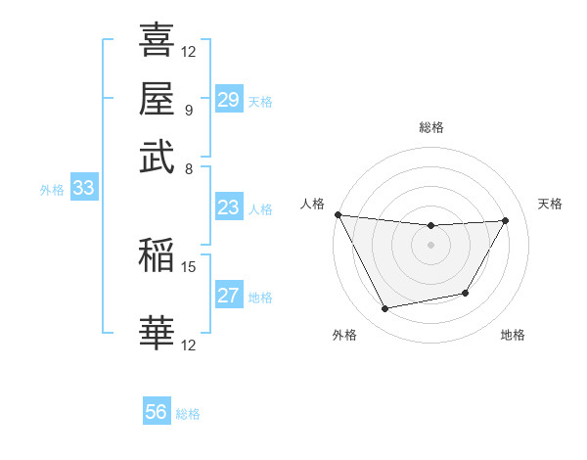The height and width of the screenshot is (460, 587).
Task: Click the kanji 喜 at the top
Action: [x=157, y=42]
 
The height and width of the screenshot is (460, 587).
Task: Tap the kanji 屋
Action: [x=157, y=99]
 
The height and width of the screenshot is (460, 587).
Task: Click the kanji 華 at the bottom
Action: [x=157, y=333]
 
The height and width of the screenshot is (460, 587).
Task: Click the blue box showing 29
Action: [x=228, y=100]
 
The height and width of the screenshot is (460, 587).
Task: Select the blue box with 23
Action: [x=228, y=207]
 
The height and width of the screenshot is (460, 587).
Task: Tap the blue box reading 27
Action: [x=228, y=296]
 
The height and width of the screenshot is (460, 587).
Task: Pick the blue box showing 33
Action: [x=83, y=189]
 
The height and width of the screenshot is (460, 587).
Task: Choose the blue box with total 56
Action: [x=157, y=412]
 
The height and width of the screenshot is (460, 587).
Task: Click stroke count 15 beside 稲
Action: [x=189, y=266]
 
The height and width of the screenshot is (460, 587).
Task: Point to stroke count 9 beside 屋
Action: [x=188, y=109]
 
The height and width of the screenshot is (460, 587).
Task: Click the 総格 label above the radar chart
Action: [x=431, y=127]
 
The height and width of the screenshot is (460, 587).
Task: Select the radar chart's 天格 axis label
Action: [x=551, y=204]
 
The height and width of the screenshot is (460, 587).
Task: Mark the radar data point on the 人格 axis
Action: [x=338, y=214]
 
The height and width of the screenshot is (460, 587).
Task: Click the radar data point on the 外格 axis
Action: [x=385, y=309]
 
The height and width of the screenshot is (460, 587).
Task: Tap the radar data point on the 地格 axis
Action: [x=466, y=293]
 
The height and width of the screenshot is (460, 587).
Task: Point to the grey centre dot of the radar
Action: [x=430, y=245]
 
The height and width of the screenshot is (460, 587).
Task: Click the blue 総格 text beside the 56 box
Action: [x=188, y=414]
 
